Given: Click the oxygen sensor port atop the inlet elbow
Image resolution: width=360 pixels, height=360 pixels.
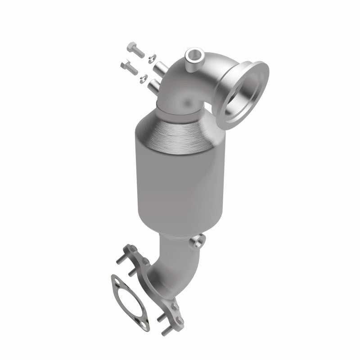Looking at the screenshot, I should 195,56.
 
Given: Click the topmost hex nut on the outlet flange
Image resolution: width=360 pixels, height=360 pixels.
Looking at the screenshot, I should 131,248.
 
